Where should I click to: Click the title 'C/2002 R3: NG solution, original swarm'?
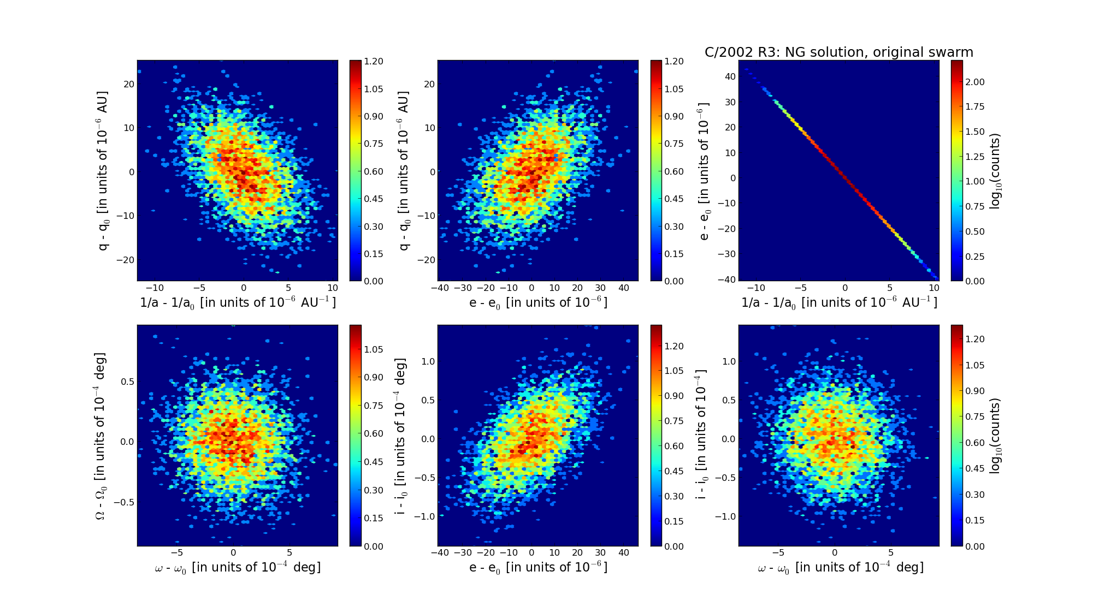click(x=838, y=52)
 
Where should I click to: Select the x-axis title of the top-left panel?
click(x=238, y=302)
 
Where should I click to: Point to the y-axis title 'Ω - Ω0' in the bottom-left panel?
click(x=101, y=436)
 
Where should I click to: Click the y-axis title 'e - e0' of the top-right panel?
click(x=704, y=171)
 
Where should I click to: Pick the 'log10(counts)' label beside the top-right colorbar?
click(x=995, y=171)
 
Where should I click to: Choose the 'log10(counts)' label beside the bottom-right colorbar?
click(x=995, y=436)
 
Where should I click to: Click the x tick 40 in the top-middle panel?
click(x=624, y=288)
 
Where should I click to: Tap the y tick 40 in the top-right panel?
click(x=730, y=76)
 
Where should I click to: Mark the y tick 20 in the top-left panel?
click(x=128, y=84)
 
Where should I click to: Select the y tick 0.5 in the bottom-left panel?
click(x=127, y=381)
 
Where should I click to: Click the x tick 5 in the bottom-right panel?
click(x=890, y=552)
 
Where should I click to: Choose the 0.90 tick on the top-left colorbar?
click(x=374, y=116)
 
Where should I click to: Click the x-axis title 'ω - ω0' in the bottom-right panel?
click(x=840, y=568)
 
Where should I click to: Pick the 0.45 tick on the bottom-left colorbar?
click(x=374, y=462)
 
